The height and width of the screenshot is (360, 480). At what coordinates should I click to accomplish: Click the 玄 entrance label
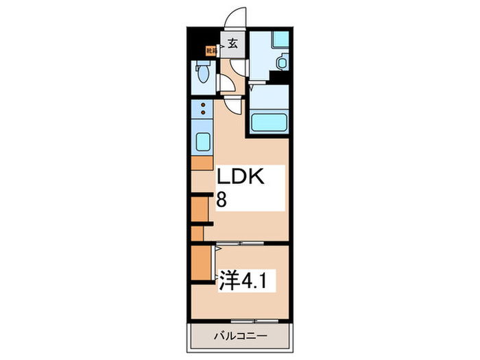232,45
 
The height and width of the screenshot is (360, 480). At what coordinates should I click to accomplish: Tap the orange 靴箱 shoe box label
211,50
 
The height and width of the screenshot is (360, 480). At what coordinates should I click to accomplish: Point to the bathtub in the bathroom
267,124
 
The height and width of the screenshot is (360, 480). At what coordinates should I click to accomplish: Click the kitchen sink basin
204,143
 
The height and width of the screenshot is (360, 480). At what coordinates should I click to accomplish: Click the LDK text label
241,178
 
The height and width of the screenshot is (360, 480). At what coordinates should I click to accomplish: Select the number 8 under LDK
222,200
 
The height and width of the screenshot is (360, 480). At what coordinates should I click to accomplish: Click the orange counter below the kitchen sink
202,163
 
